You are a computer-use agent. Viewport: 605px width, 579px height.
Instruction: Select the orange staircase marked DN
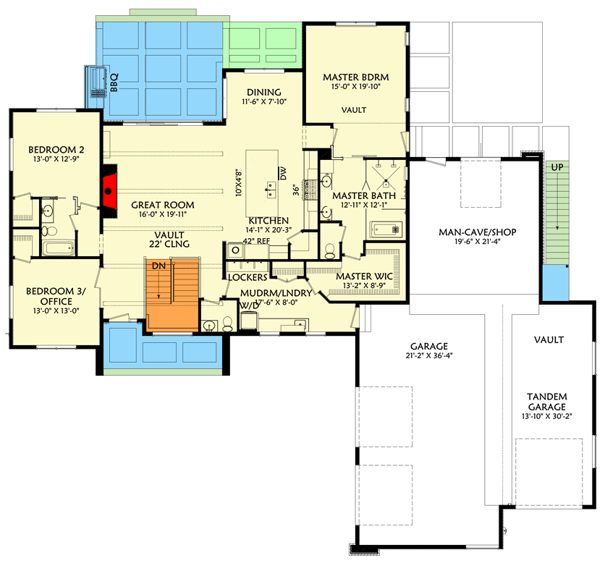pyautogui.click(x=172, y=296)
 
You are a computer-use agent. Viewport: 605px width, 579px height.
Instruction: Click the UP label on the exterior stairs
pyautogui.click(x=557, y=166)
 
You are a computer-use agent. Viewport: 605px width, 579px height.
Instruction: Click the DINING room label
pyautogui.click(x=263, y=92)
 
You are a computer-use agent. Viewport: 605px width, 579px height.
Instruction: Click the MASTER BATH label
pyautogui.click(x=362, y=196)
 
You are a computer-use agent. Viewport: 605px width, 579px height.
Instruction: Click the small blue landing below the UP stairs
pyautogui.click(x=556, y=282)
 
